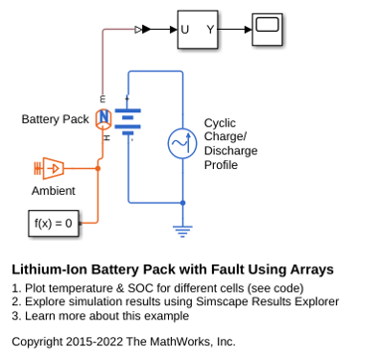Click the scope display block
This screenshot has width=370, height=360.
pos(267,29)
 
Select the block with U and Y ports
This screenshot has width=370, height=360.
pos(198,30)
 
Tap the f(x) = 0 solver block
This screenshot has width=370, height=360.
pos(54,223)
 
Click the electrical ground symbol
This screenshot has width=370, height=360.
pos(182,232)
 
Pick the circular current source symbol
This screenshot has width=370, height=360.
pos(182,143)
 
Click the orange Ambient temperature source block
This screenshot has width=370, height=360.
pos(49,168)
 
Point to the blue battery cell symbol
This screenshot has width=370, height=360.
pos(127,121)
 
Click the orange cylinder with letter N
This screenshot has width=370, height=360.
pos(104,119)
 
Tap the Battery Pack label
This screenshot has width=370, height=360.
pos(55,119)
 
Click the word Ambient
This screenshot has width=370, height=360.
pos(54,191)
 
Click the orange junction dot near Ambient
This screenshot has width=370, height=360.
pos(97,168)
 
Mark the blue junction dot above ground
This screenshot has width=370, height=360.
pos(182,203)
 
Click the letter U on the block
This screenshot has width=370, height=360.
pos(185,30)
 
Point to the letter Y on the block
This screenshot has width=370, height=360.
pos(211,30)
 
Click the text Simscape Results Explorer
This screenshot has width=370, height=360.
pos(268,302)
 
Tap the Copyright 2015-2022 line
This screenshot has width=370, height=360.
pos(123,341)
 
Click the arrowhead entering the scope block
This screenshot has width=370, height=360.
pos(249,30)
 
